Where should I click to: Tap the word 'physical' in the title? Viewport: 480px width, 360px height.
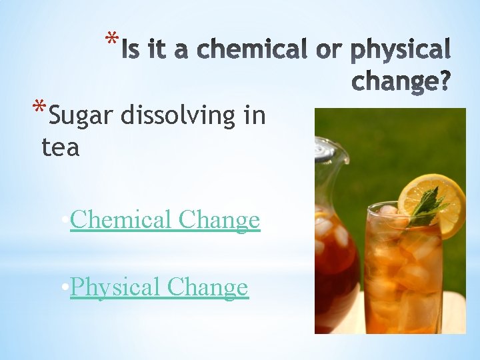click(x=401, y=50)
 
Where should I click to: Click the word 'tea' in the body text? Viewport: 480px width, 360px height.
click(x=60, y=147)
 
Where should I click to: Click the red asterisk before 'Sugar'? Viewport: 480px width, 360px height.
click(x=41, y=109)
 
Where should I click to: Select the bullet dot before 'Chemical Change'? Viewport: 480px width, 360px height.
click(x=63, y=220)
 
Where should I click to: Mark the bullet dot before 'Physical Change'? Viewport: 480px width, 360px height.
click(x=63, y=288)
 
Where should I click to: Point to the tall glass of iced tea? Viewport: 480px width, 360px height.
click(x=403, y=273)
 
